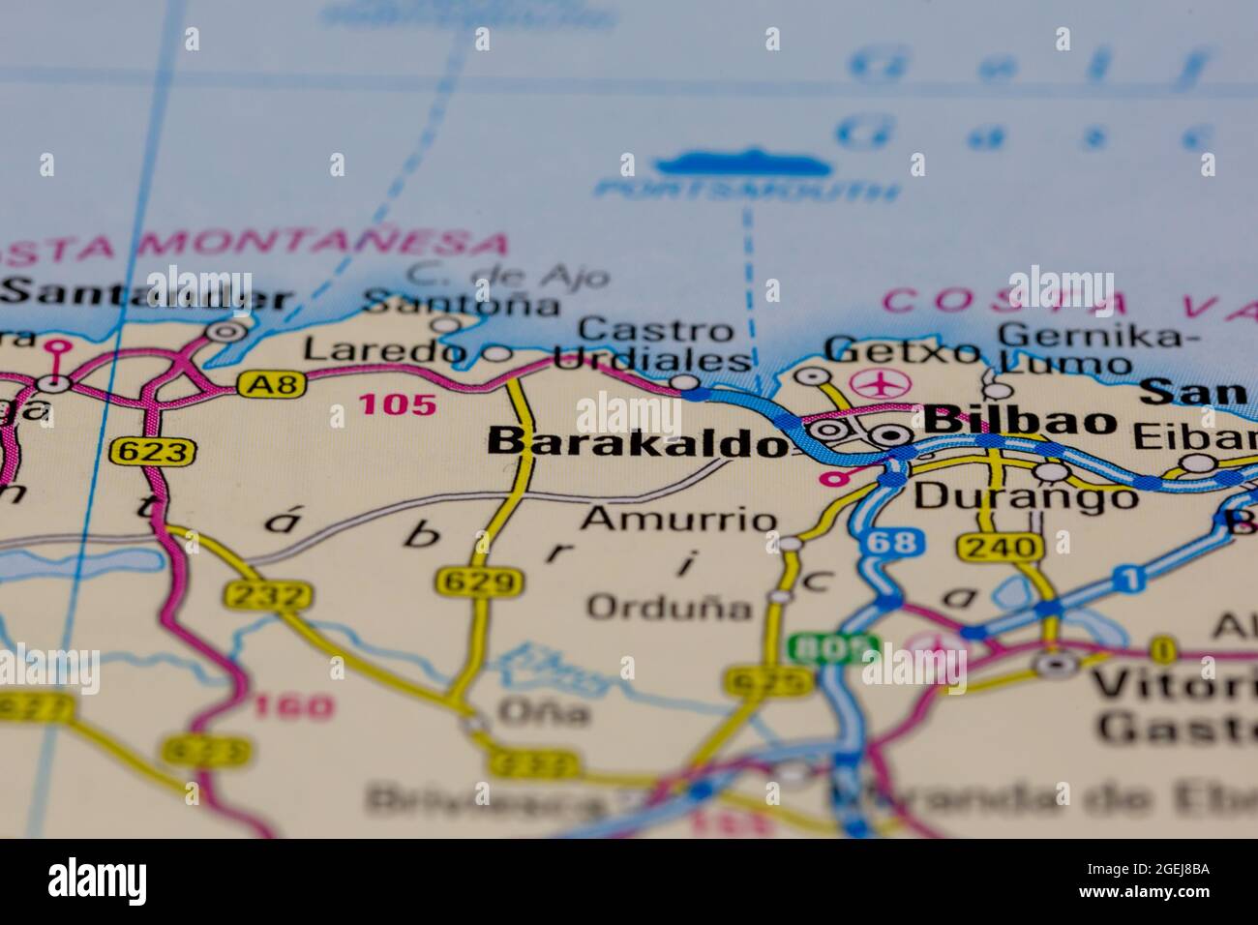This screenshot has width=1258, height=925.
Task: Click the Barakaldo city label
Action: click(x=635, y=442)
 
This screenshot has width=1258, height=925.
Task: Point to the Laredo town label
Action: click(x=385, y=350)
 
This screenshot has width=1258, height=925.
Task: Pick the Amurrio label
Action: click(x=677, y=520)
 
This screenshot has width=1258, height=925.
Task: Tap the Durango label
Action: click(x=1026, y=497)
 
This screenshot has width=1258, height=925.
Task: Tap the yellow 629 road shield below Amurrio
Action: click(x=480, y=582)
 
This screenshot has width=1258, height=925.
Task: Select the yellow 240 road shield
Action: click(x=1002, y=548)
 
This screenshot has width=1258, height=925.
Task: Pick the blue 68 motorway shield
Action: click(x=890, y=543)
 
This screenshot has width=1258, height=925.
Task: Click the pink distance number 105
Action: click(x=397, y=404)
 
